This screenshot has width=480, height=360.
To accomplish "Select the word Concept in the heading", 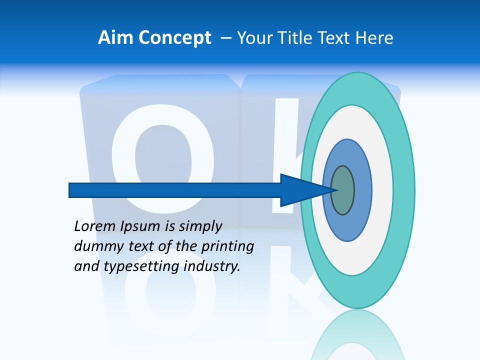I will (175, 38).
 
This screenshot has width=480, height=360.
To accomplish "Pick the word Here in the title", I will (375, 38).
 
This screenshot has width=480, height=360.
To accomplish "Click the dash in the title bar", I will (226, 38).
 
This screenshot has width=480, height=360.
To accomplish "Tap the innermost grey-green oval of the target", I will (342, 190).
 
